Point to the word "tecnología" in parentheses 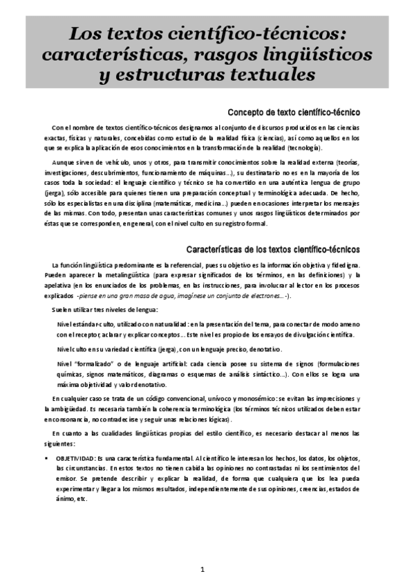coord(298,148)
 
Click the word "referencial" coord(201,266)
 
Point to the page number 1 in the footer coord(203,570)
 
